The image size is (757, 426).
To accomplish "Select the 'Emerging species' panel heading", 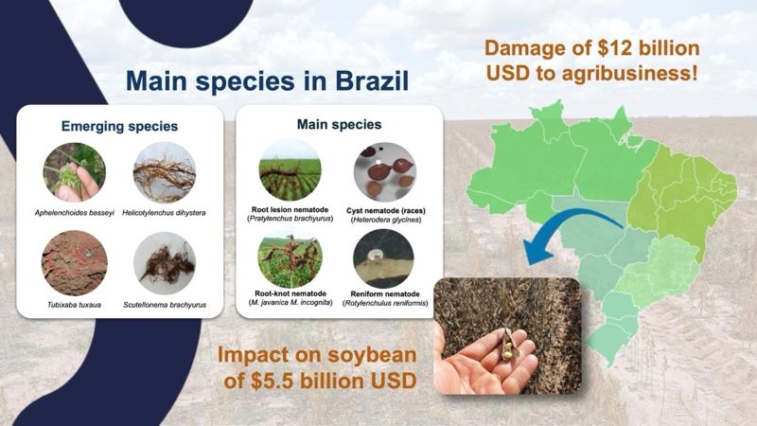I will tap(119, 124).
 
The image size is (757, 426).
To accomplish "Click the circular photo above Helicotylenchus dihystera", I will tap(166, 171).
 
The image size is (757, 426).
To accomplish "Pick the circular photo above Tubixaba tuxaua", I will tap(75, 262).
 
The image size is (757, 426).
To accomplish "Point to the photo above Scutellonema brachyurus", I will tap(166, 262).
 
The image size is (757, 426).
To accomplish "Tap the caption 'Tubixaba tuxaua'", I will tap(75, 305).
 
